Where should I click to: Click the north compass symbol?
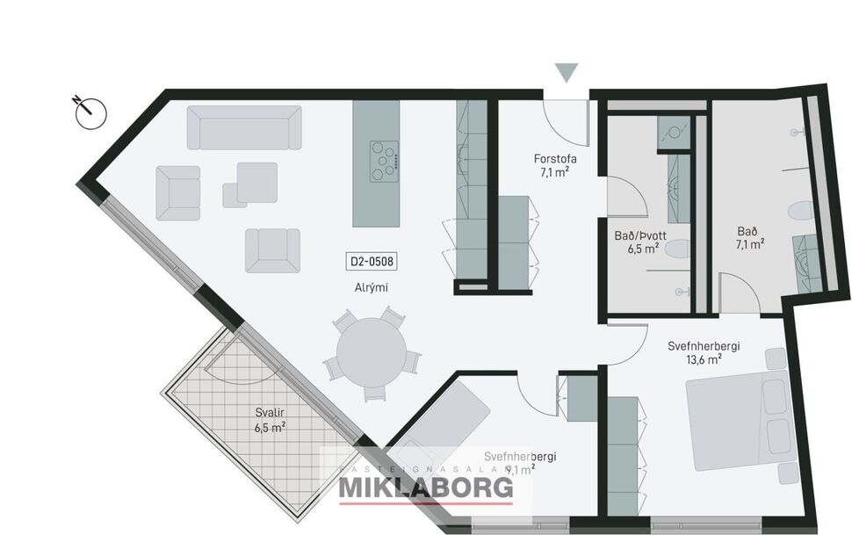[90, 112]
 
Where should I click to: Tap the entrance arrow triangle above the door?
[567, 73]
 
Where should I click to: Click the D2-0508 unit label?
[372, 261]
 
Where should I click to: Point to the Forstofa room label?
[555, 159]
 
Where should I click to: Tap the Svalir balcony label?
[269, 413]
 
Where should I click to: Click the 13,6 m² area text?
[703, 359]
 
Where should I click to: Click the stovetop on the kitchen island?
[384, 161]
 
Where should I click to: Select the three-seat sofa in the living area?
[243, 128]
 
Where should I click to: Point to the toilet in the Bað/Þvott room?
[676, 249]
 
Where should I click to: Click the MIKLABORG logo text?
[426, 488]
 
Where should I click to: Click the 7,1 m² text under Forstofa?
[555, 173]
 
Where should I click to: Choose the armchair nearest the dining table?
[271, 249]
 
